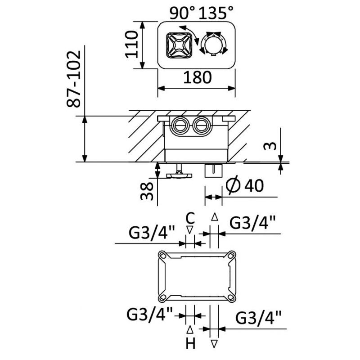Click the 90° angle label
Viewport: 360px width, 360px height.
pyautogui.click(x=183, y=13)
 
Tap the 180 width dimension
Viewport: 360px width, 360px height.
pyautogui.click(x=197, y=77)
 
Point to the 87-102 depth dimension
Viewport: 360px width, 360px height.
pyautogui.click(x=75, y=79)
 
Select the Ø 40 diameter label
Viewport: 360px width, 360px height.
pyautogui.click(x=246, y=185)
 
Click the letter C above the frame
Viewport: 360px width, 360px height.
pyautogui.click(x=190, y=219)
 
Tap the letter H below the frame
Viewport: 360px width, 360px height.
pyautogui.click(x=190, y=344)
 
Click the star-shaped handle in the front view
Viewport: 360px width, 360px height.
pyautogui.click(x=177, y=45)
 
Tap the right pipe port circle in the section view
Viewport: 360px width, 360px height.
pyautogui.click(x=201, y=124)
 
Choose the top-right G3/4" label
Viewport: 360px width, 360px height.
pyautogui.click(x=252, y=222)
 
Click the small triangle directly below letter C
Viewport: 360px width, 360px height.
pyautogui.click(x=190, y=229)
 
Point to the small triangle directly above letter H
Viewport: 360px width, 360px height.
pyautogui.click(x=190, y=330)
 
